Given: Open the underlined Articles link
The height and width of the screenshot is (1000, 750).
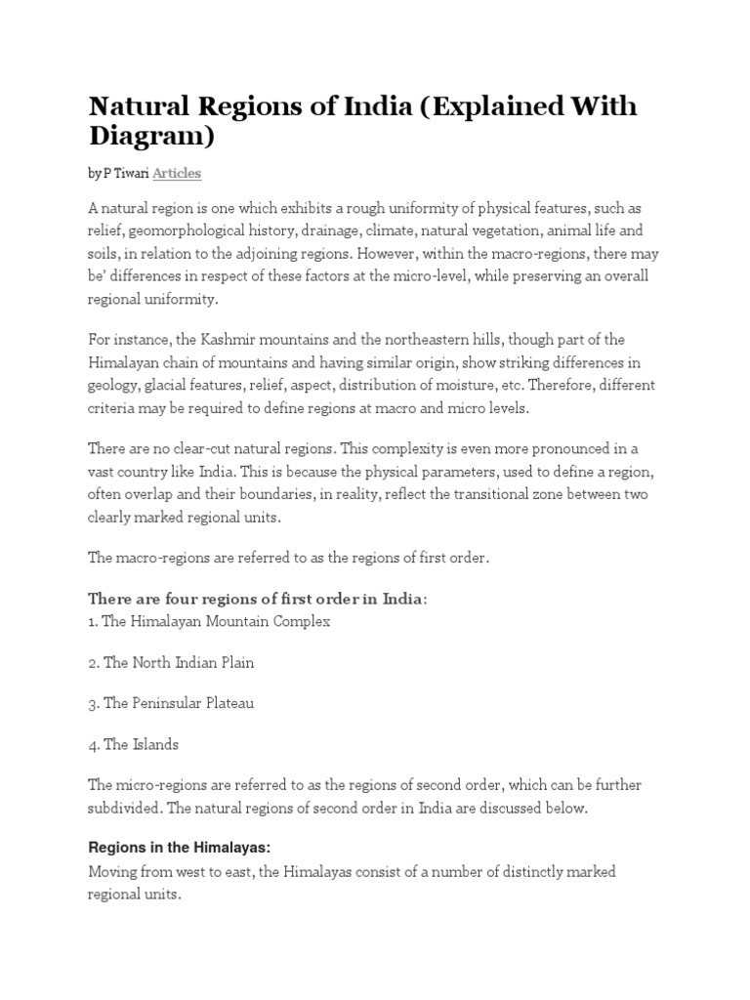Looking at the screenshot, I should [176, 174].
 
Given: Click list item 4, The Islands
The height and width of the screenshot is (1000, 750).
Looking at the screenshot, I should [134, 745].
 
